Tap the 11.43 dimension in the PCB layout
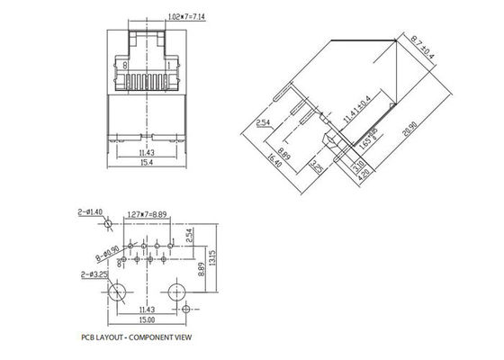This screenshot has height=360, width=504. [144, 308]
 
